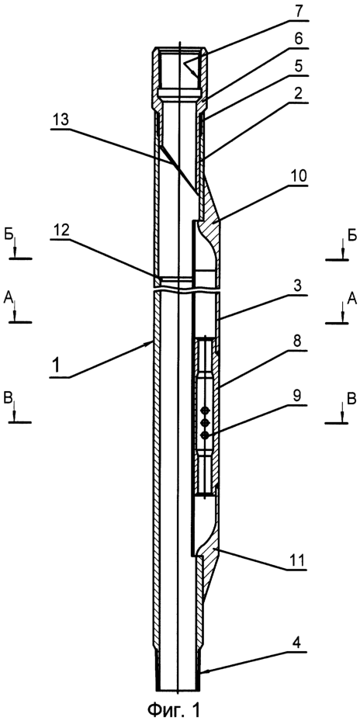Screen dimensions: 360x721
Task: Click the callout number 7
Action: pyautogui.click(x=299, y=11)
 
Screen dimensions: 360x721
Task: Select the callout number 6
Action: pyautogui.click(x=299, y=39)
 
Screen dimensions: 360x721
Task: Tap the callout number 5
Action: pyautogui.click(x=299, y=66)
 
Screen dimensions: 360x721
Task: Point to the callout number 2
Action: pyautogui.click(x=299, y=93)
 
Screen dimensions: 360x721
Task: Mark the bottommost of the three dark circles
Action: pyautogui.click(x=205, y=435)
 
